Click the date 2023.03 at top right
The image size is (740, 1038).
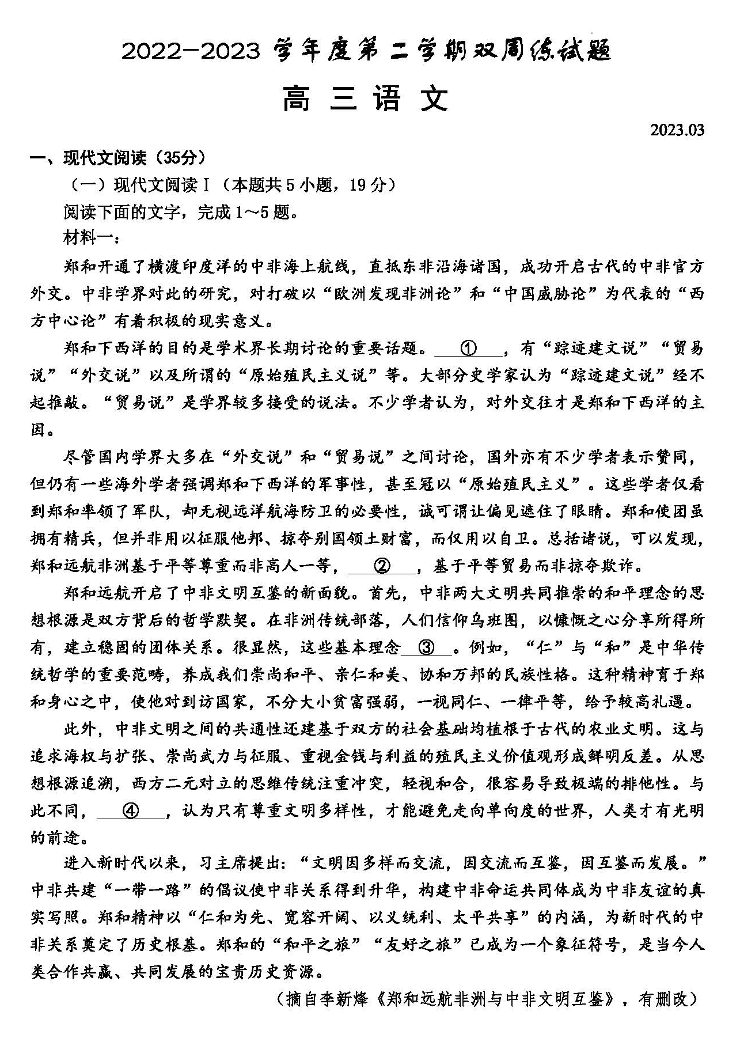point(677,130)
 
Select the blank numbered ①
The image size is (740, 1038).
point(468,348)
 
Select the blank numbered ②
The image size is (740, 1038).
point(382,566)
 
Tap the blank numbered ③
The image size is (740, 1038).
point(427,647)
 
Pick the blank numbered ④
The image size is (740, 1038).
point(131,810)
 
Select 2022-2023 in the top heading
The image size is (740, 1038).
point(191,52)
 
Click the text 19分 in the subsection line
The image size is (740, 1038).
point(369,185)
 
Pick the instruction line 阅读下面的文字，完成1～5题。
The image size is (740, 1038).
point(181,212)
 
